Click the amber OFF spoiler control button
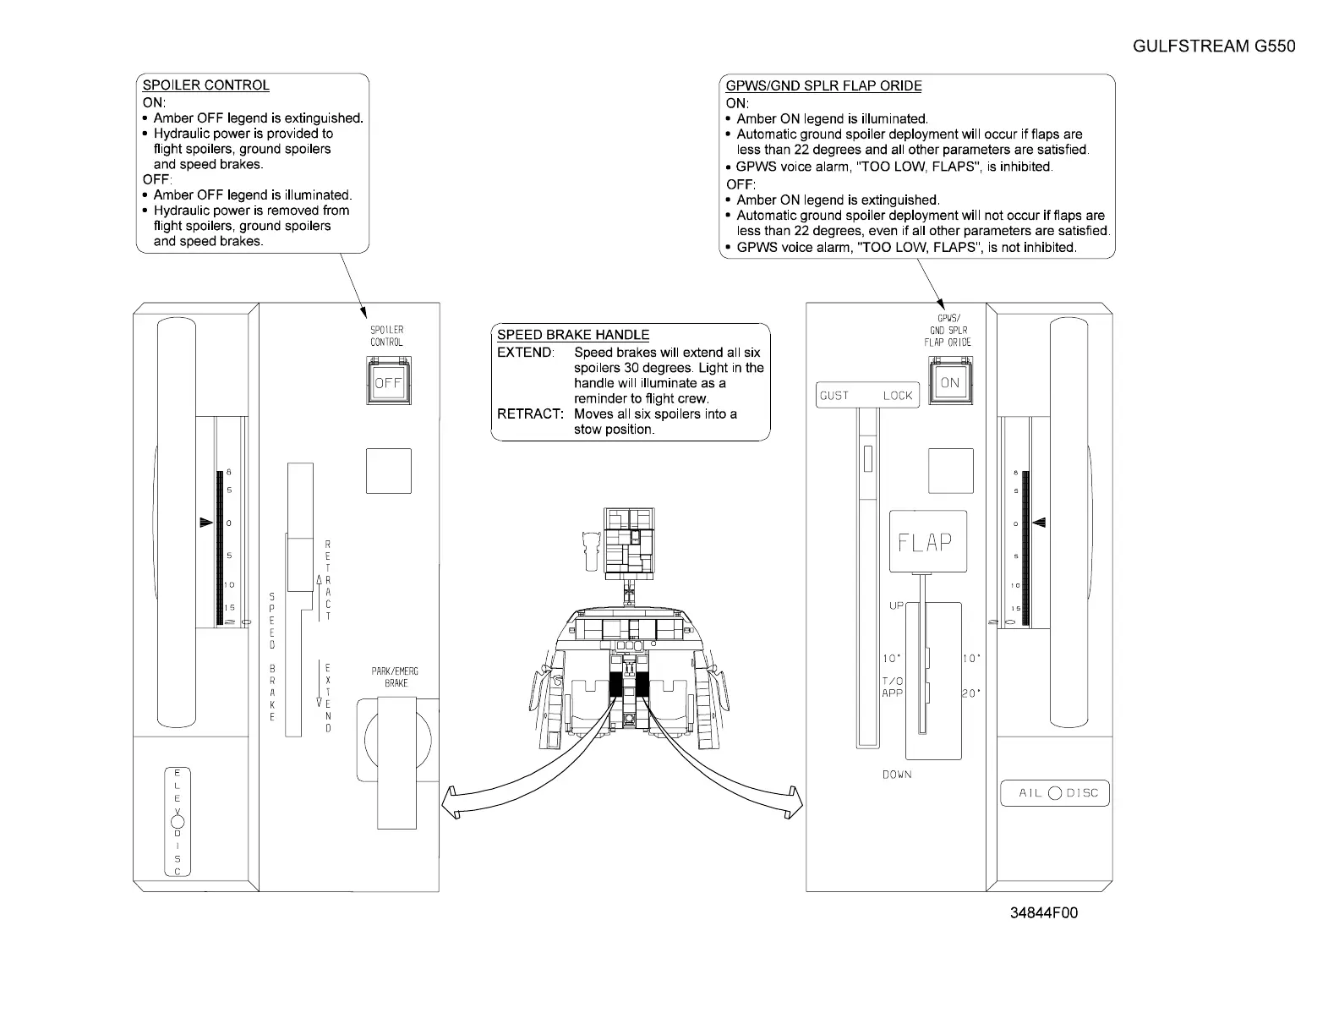(x=388, y=383)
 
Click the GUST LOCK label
(x=866, y=396)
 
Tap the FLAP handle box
(x=927, y=542)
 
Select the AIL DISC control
(x=1054, y=793)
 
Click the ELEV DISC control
(x=177, y=821)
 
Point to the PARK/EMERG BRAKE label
(x=395, y=676)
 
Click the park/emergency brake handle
(x=396, y=761)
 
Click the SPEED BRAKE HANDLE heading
(x=573, y=335)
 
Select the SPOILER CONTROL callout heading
(x=206, y=85)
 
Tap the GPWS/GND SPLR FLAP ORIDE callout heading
(x=823, y=85)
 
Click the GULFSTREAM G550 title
(x=1213, y=47)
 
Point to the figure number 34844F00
(x=1044, y=913)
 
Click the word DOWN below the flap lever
(x=897, y=775)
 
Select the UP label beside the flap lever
(x=896, y=606)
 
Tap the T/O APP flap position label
(x=892, y=687)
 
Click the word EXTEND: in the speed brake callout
(x=525, y=353)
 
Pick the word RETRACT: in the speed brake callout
(x=530, y=414)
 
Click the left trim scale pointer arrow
(x=206, y=523)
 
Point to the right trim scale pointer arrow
(x=1040, y=523)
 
